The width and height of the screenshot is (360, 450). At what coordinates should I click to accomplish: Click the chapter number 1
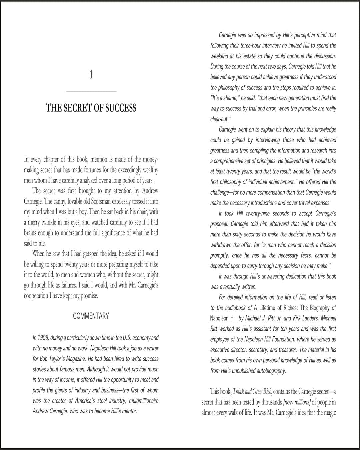click(91, 75)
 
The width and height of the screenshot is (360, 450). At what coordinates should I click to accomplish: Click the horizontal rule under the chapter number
click(91, 91)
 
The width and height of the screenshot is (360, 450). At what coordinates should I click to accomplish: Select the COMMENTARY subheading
click(91, 316)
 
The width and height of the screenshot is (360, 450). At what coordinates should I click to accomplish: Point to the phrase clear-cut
click(219, 119)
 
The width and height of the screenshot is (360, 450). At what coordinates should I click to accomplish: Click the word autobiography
click(269, 371)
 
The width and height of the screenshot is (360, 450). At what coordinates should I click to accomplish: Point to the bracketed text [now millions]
click(293, 402)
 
